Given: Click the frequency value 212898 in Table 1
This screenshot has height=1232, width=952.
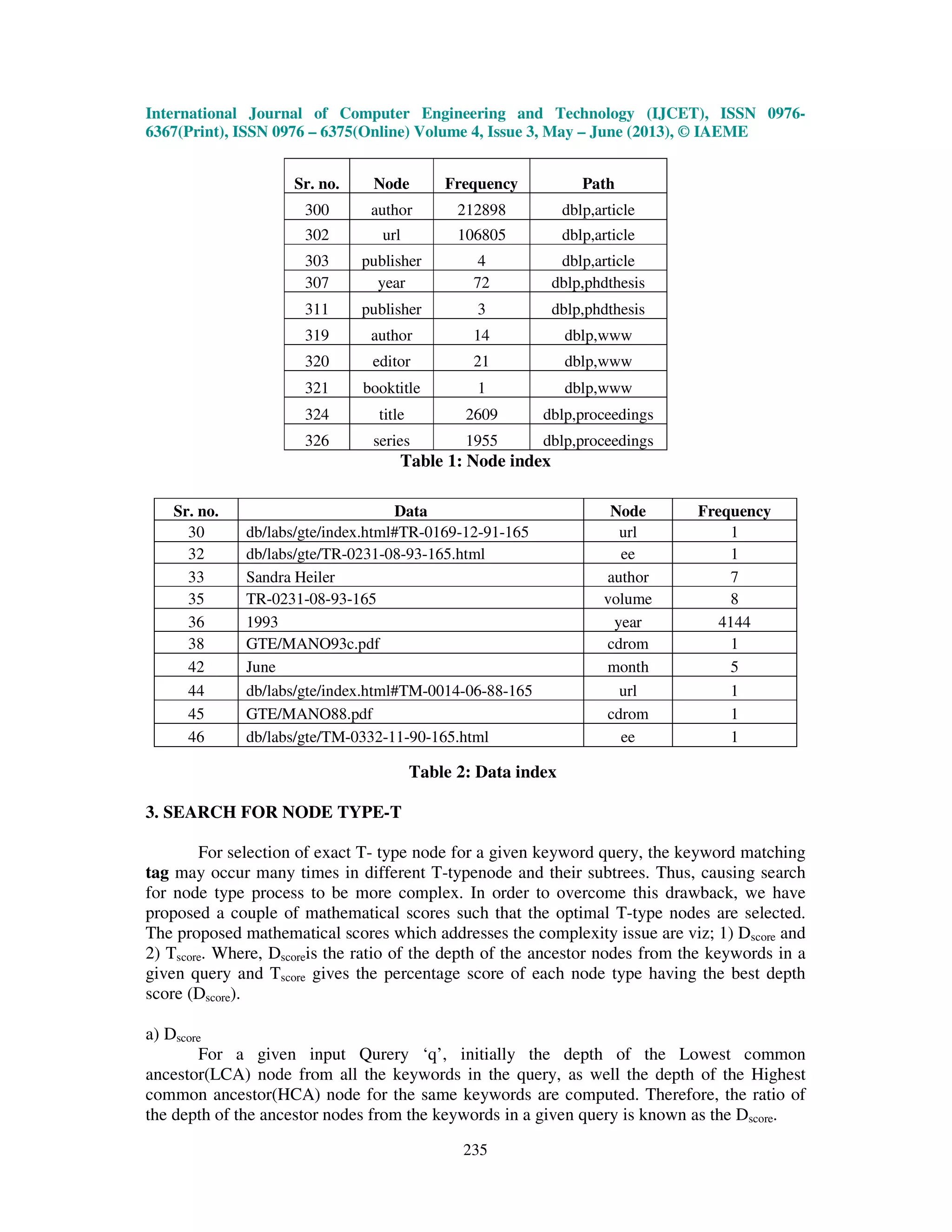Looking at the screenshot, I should (481, 210).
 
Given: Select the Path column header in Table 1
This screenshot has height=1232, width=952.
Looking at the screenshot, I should (598, 184).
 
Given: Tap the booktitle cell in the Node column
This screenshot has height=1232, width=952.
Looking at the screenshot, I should (391, 388).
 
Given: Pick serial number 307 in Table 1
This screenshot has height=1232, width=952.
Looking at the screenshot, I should (317, 283).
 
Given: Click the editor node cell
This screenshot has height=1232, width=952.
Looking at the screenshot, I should (391, 362).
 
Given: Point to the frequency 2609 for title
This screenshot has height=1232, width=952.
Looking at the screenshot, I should (481, 415).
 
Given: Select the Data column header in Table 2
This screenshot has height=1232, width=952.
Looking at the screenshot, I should (410, 511).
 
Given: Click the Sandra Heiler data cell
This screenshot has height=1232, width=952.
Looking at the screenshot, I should (291, 577).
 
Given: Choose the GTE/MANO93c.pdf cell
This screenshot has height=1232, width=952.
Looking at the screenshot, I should (312, 643).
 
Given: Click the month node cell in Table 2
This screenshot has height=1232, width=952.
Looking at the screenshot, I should (628, 667).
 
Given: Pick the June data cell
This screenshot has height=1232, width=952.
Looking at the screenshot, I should (261, 667).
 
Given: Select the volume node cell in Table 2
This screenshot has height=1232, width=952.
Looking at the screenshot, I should (628, 599).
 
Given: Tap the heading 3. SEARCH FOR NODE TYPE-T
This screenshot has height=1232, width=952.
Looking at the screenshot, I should (273, 812).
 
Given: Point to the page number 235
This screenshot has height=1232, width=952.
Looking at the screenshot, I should (475, 1150).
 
